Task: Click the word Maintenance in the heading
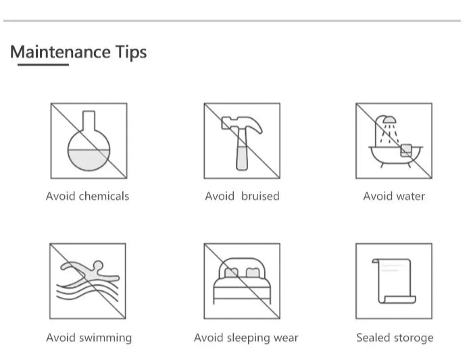(60, 52)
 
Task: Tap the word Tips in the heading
(131, 53)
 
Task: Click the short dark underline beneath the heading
(43, 65)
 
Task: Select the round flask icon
(89, 141)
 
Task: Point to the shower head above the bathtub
(389, 120)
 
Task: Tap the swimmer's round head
(98, 265)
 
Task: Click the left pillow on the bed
(231, 273)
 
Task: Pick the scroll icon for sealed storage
(394, 281)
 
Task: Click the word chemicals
(104, 197)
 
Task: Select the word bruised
(260, 197)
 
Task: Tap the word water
(411, 197)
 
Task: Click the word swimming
(105, 338)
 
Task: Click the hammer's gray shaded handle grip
(242, 158)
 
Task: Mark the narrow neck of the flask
(89, 121)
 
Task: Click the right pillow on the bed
(253, 273)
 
